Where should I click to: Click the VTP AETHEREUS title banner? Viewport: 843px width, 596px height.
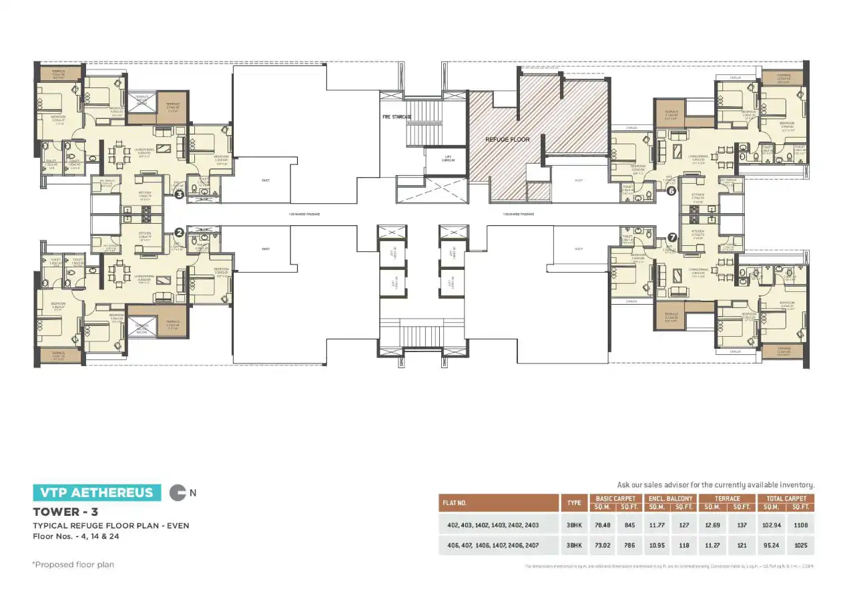97,493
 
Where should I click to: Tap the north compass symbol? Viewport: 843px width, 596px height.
178,493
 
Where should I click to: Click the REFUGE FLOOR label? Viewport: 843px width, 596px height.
507,140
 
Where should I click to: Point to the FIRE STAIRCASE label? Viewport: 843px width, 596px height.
396,117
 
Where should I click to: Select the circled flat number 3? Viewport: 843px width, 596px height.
179,195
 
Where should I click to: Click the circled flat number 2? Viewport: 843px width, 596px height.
179,233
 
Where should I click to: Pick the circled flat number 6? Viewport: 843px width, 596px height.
671,190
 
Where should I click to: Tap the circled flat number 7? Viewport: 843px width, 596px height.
671,237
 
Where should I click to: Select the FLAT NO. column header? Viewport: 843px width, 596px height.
454,502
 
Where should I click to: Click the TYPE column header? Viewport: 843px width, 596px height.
573,502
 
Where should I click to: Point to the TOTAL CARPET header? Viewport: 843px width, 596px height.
786,498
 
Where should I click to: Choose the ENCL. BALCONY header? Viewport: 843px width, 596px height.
670,498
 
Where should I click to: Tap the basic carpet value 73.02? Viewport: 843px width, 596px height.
603,545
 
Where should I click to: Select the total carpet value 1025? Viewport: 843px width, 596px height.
801,545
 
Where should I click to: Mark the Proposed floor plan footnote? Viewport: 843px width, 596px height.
73,565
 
